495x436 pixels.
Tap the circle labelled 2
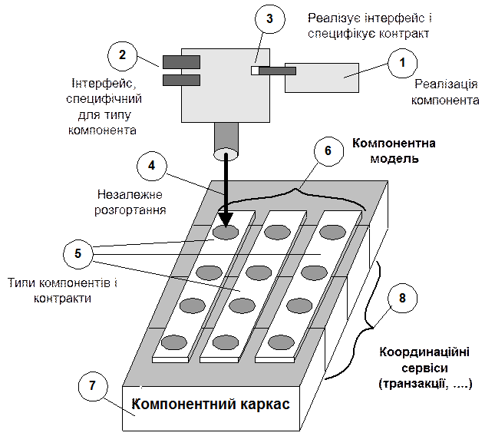coord(123,56)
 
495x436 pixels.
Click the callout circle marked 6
coord(328,150)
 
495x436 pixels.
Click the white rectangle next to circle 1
coord(322,78)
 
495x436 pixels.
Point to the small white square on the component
coord(254,71)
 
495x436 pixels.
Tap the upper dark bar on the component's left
coord(181,61)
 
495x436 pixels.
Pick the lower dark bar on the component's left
coord(181,79)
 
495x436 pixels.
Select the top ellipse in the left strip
coord(226,230)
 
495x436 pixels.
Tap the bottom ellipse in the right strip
coord(280,342)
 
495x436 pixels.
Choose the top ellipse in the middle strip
coord(276,230)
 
